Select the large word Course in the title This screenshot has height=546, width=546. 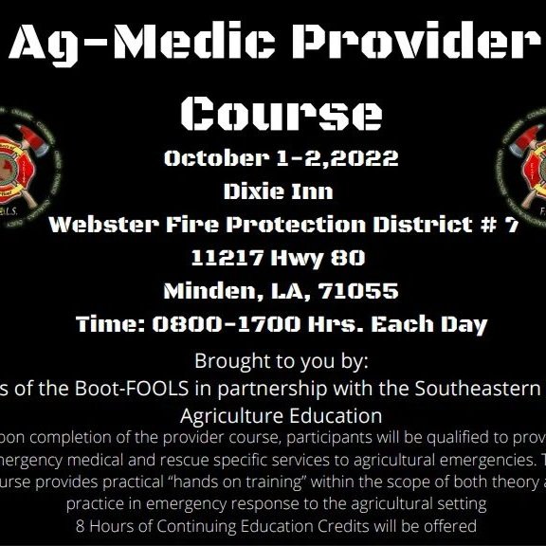point(281,112)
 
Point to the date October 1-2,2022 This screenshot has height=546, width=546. point(281,157)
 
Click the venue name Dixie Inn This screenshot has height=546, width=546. point(278,191)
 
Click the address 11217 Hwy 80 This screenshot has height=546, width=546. point(278,257)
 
